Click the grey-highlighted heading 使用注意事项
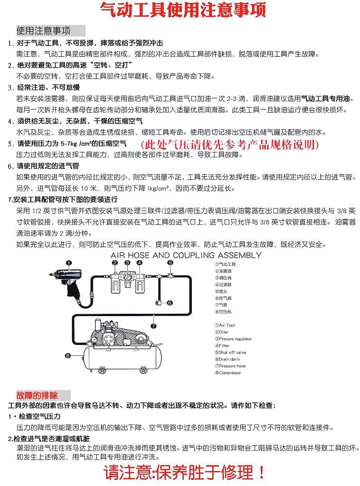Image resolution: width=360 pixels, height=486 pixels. tap(44, 31)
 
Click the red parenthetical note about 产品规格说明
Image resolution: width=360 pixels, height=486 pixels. tap(230, 143)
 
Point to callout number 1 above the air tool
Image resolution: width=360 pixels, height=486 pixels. tap(69, 263)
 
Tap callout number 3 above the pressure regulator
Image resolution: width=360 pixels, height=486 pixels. tap(127, 262)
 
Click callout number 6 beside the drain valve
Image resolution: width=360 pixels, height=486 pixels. tap(170, 303)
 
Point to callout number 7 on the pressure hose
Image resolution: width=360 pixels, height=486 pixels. tap(153, 326)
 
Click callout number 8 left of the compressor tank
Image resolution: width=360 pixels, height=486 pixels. tap(68, 354)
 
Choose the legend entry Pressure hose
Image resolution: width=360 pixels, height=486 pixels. tap(232, 366)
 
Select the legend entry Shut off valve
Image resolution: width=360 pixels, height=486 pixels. tap(232, 353)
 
